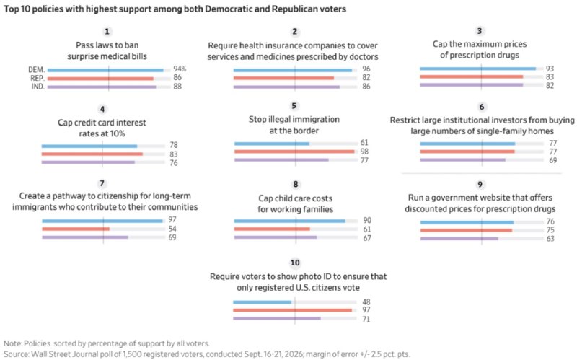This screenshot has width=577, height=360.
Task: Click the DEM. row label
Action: pos(37,69)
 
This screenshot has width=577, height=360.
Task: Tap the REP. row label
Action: pos(38,78)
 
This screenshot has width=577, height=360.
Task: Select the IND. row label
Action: pos(38,87)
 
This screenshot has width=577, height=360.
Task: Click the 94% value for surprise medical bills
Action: pos(180,69)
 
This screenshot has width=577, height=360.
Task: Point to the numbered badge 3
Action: pos(479,31)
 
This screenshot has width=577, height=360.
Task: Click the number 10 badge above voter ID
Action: pos(295,263)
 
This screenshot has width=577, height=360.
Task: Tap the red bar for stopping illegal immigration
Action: pos(294,152)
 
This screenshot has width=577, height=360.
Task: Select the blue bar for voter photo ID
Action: pos(262,302)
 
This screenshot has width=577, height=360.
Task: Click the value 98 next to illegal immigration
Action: pos(364,152)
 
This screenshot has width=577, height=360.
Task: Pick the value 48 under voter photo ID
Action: pos(366,302)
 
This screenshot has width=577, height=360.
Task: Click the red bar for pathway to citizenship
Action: pos(76,229)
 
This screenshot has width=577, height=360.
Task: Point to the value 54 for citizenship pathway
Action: pos(172,229)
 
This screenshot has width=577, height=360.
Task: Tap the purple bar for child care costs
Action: pos(276,237)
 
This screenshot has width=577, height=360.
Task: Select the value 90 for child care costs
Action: pos(367,221)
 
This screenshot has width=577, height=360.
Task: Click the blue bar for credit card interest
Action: pos(89,146)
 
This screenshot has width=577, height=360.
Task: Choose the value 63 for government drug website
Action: pos(550,239)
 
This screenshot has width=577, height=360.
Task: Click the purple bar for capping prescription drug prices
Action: pos(472,85)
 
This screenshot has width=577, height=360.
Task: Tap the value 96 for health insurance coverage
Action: pos(366,69)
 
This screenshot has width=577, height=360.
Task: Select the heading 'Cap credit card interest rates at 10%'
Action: pos(102,128)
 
